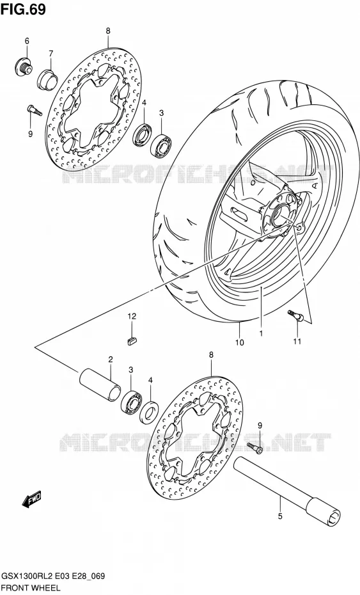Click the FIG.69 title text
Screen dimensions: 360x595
coord(23,10)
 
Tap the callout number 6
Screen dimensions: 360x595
coord(27,41)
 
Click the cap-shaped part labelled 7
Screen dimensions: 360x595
coord(47,79)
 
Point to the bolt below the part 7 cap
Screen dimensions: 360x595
coord(35,111)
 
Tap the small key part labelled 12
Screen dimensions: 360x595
coord(132,340)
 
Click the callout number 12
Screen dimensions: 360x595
coord(132,315)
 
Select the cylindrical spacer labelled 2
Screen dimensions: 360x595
coord(100,384)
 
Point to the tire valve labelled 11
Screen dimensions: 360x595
coord(295,315)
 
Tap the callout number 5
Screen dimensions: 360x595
coord(280,516)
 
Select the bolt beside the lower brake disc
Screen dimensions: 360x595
coord(254,447)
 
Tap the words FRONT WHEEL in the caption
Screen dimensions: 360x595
coord(31,588)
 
